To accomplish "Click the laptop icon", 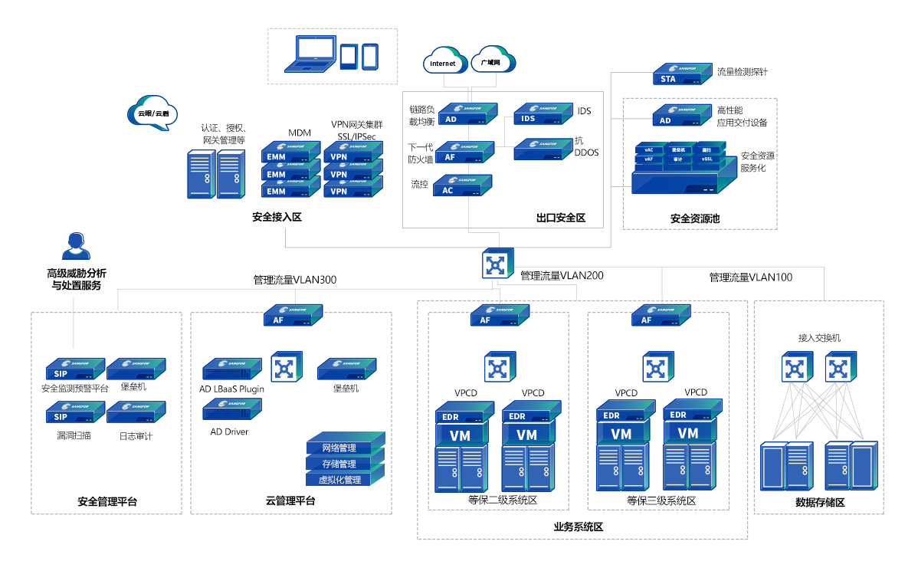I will pos(310,54).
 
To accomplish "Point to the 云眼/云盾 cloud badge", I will pos(152,113).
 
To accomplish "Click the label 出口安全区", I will pos(561,218).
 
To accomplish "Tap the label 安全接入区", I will pos(277,217).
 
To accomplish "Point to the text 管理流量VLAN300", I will pos(295,280).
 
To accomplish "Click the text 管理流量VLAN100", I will pos(751,277).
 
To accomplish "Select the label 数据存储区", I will pos(820,502).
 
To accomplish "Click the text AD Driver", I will pos(230,432).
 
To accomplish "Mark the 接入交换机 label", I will pos(819,337).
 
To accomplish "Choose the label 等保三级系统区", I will pos(661,500).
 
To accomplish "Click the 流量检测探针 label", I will pos(742,72).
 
